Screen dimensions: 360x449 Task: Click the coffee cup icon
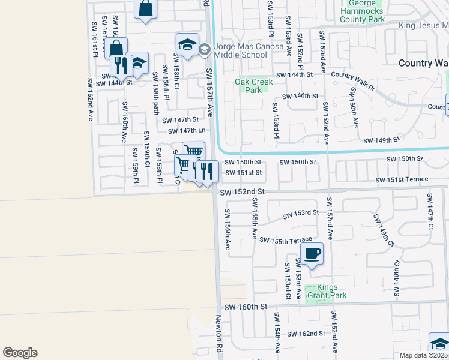pos(312,253)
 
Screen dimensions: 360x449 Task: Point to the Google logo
pos(20,353)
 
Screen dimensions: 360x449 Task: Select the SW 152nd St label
pos(242,193)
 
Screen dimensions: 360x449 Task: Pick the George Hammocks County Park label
pos(361,11)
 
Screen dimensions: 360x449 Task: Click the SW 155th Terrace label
pos(286,240)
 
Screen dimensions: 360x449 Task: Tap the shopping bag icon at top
pos(146,8)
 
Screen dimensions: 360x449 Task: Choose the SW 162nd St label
pos(306,333)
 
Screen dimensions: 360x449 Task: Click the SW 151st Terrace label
pos(402,179)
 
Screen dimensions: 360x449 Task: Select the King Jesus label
pos(424,25)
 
